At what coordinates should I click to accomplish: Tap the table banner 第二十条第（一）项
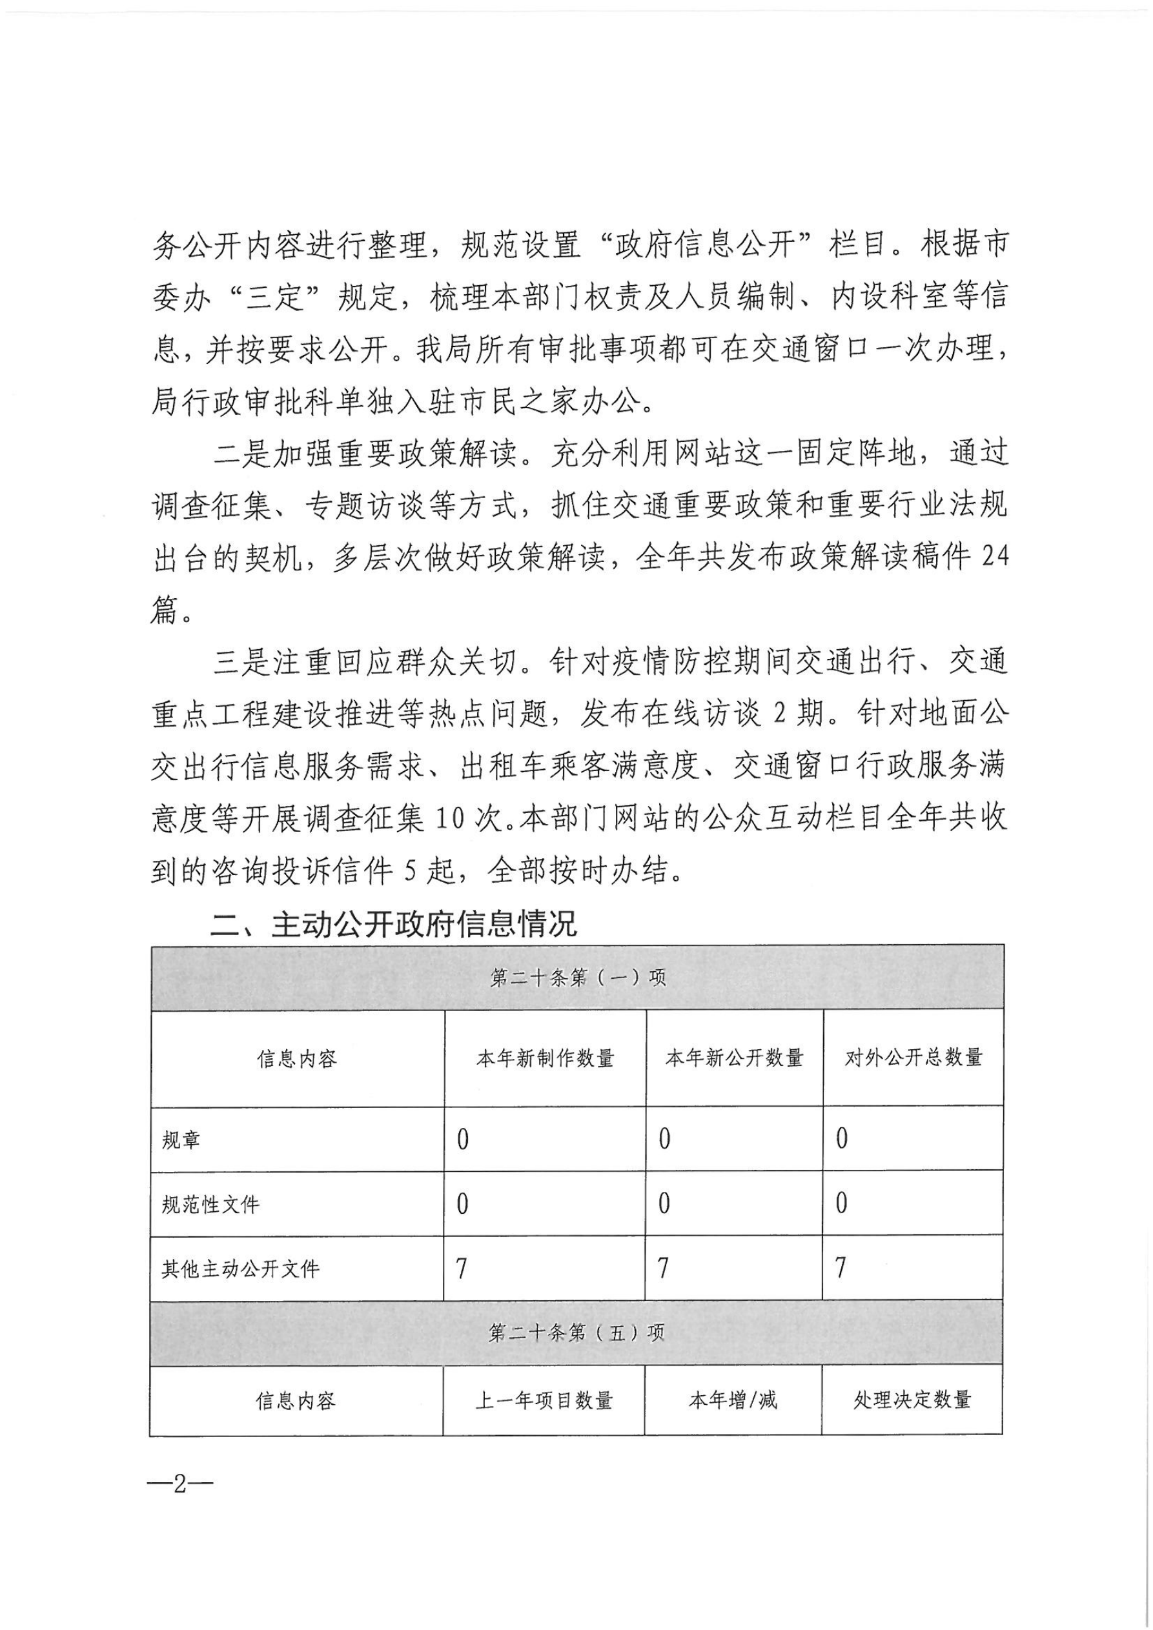tap(577, 978)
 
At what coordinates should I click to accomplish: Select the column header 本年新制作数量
tap(545, 1058)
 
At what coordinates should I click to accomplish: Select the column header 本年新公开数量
tap(734, 1058)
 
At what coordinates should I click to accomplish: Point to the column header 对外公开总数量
tap(913, 1058)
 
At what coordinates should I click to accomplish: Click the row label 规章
tap(181, 1140)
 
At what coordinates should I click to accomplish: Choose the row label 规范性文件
tap(210, 1205)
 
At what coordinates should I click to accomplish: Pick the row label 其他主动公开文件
tap(240, 1269)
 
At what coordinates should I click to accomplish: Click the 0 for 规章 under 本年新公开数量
tap(664, 1140)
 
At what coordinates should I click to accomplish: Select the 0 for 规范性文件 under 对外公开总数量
tap(841, 1204)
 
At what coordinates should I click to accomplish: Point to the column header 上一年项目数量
tap(544, 1401)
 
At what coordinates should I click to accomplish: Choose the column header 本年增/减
tap(733, 1401)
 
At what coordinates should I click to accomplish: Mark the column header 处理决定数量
tap(912, 1401)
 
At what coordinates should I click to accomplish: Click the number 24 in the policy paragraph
tap(994, 557)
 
